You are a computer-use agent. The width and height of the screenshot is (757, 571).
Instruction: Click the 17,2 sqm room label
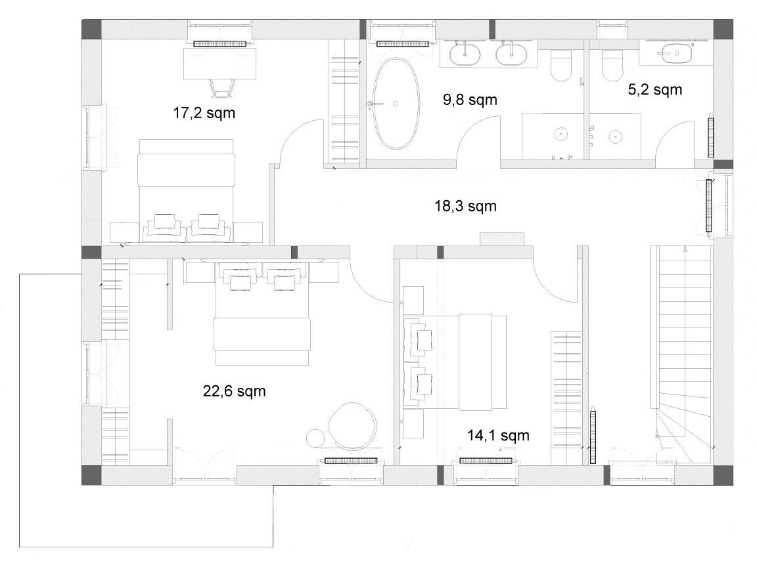click(x=204, y=114)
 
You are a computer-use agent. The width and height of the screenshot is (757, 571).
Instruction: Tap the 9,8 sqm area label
click(x=470, y=100)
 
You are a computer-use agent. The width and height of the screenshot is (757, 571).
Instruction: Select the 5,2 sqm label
click(x=654, y=90)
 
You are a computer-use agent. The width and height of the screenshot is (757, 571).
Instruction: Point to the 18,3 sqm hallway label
click(x=465, y=206)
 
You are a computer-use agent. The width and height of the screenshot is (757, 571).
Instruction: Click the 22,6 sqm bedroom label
click(x=234, y=391)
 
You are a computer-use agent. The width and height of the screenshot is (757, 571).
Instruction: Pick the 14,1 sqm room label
click(x=498, y=436)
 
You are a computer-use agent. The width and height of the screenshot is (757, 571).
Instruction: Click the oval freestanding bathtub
click(x=396, y=104)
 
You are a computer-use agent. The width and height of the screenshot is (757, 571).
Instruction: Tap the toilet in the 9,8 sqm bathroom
click(x=561, y=65)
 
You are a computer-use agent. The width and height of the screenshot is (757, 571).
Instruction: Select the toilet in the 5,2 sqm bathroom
click(x=612, y=64)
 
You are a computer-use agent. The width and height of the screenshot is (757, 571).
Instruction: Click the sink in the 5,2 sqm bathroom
click(x=676, y=53)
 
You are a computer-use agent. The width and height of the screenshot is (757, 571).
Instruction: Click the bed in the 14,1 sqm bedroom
click(x=455, y=362)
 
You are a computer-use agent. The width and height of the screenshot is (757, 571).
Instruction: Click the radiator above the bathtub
click(x=403, y=44)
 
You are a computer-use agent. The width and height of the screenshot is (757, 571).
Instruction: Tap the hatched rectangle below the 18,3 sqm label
click(x=501, y=239)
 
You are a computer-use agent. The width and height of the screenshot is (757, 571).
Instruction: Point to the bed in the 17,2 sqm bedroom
click(x=186, y=190)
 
